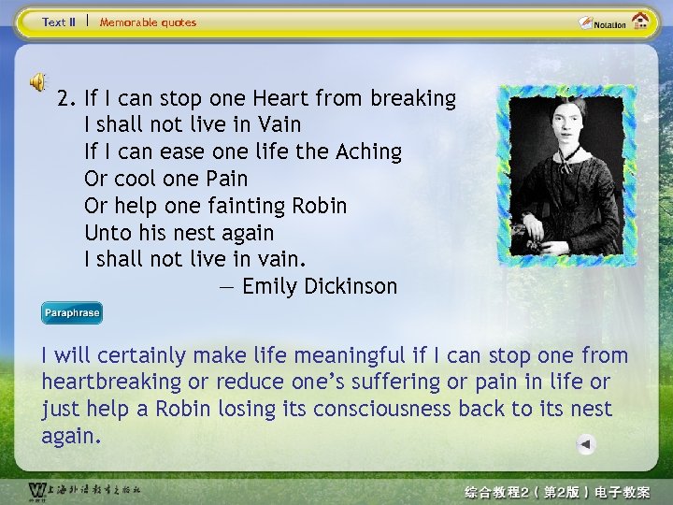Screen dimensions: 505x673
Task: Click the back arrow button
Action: coord(585,445)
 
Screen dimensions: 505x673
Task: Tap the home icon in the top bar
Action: coord(641,21)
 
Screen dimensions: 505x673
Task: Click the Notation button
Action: coord(603,22)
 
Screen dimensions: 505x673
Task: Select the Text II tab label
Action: coord(59,22)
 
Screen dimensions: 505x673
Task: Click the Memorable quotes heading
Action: coord(148,22)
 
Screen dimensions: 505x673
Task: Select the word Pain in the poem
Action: coord(226,179)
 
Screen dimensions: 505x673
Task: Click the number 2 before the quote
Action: coord(64,98)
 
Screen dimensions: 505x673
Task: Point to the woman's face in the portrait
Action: coord(566,120)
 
